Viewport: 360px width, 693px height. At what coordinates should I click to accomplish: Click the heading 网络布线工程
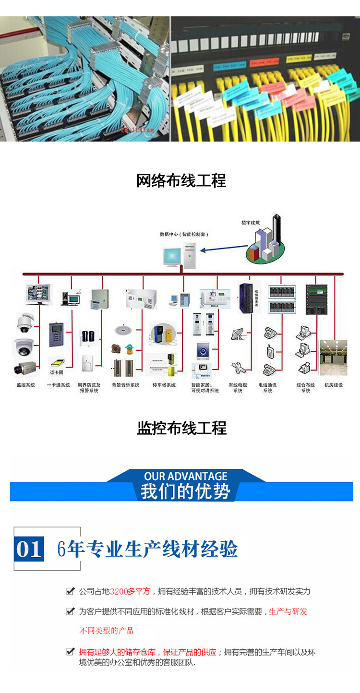coord(181,181)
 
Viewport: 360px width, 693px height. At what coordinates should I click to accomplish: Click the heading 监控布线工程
coord(181,428)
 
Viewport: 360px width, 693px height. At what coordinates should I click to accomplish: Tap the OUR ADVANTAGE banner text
coord(185,477)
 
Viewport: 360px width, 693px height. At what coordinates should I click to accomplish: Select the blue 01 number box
coord(29,549)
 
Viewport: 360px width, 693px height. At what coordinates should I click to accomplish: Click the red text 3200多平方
coord(130,591)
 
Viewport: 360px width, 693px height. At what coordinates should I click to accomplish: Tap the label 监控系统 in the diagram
coord(25,385)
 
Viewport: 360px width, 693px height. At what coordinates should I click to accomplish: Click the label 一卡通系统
coord(58,385)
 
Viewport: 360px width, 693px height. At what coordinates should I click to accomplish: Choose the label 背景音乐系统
coord(126,385)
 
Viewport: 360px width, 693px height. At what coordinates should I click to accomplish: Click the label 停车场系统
coord(164,385)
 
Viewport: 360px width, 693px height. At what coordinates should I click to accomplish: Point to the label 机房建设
coord(334,385)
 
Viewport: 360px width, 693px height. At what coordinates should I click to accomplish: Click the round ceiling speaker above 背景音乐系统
coord(121,330)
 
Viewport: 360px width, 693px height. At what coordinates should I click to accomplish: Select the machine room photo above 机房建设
coord(334,358)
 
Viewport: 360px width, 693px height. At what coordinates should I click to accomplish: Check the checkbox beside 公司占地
coord(71,591)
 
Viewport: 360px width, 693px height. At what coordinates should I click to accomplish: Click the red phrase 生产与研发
coord(288,611)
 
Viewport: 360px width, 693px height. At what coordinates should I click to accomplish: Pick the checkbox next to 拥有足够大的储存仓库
coord(71,652)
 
